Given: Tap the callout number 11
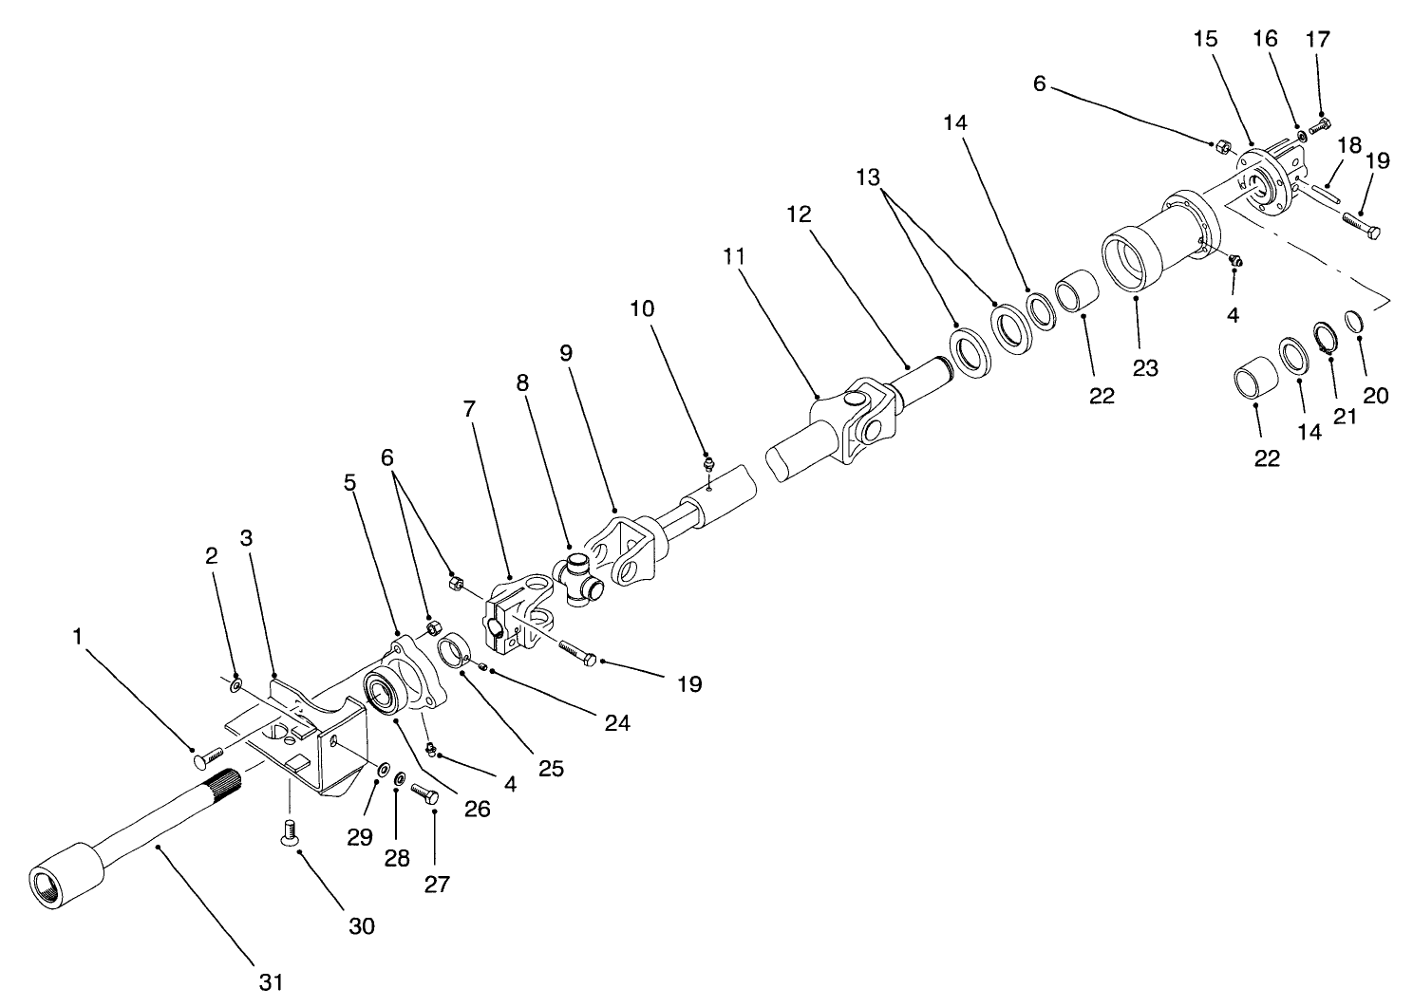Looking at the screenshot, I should point(733,257).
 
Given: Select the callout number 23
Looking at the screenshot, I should point(1145,367).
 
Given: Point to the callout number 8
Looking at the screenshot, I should point(521,382).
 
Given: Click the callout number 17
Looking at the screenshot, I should point(1318,39).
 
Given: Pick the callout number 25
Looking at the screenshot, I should point(551,767).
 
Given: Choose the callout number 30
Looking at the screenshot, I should point(361,925).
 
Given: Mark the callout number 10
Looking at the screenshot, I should point(642,309).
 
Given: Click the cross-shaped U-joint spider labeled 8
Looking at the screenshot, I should point(580,581).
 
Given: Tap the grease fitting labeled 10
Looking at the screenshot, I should point(708,465).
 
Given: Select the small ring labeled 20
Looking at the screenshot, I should point(1356,322).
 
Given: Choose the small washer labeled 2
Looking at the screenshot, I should point(235,682).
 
